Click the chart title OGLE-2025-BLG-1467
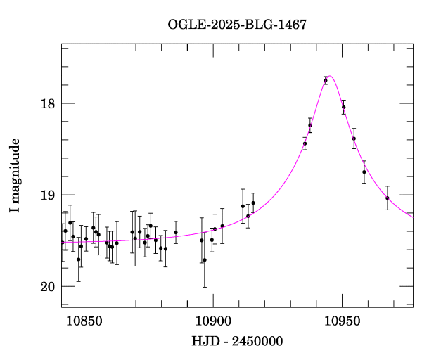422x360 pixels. (x=237, y=24)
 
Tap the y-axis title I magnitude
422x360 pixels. (x=15, y=176)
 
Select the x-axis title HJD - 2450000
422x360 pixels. (x=237, y=342)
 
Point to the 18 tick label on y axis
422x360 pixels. (x=48, y=104)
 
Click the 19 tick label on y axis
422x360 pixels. (x=48, y=195)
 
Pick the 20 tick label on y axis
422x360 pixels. (x=48, y=287)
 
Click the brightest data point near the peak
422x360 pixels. (x=326, y=81)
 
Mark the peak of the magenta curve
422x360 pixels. (x=330, y=76)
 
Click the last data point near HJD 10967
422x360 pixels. (x=388, y=198)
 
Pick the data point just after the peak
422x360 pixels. (x=344, y=107)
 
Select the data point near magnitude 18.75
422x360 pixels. (x=364, y=172)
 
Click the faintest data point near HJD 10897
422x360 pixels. (x=205, y=260)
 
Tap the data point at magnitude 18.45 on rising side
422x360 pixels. (x=305, y=143)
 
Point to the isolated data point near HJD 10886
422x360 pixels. (x=176, y=233)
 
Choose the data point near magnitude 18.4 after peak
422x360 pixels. (x=354, y=139)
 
